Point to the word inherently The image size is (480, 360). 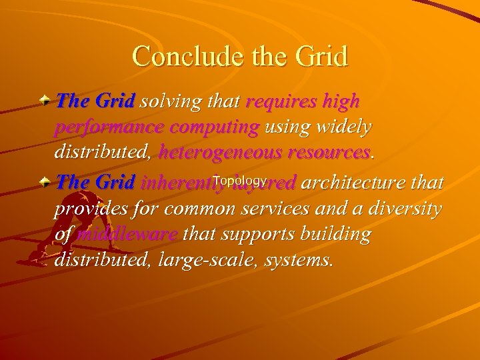pos(177,183)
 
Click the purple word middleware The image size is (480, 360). pos(127,235)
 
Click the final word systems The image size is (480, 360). pos(298,260)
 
